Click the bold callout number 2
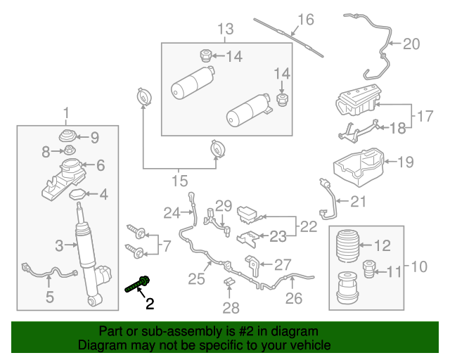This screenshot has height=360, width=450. pos(149,304)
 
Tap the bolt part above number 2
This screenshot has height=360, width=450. pos(138,285)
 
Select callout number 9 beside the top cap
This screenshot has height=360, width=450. pos(94,137)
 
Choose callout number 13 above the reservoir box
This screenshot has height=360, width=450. pos(224,30)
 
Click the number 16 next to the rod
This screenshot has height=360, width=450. pos(304,19)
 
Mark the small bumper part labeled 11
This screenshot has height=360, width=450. pos(369,269)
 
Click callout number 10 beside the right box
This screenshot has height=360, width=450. pos(418,266)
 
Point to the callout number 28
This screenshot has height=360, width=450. pos(231,307)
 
